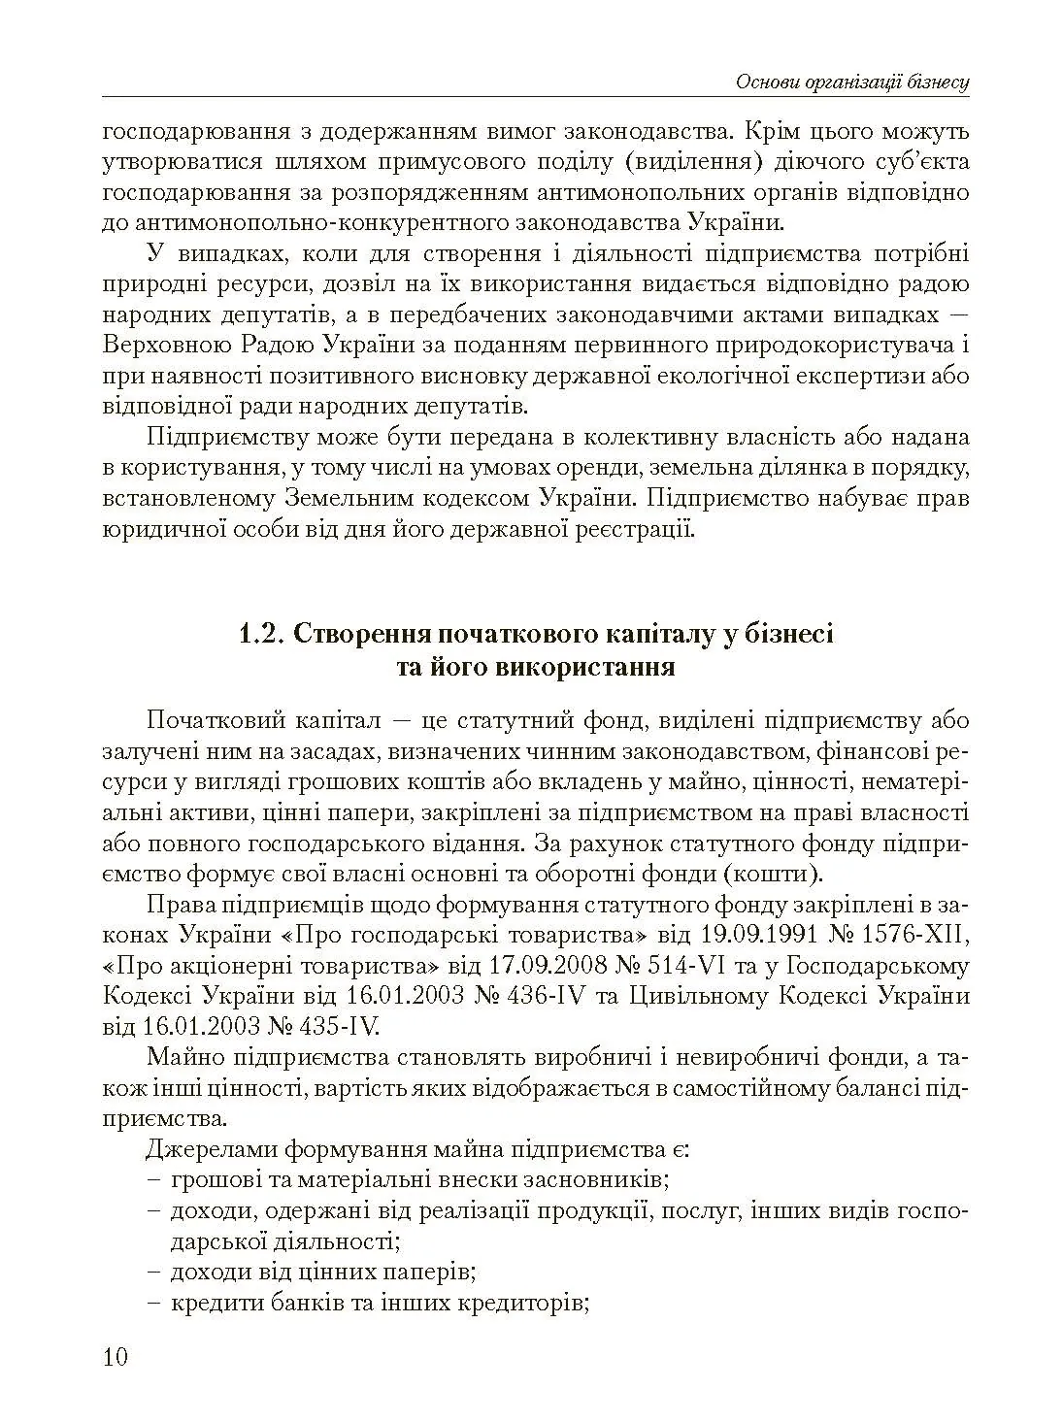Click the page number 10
[x=115, y=1356]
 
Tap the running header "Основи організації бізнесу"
[x=852, y=83]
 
